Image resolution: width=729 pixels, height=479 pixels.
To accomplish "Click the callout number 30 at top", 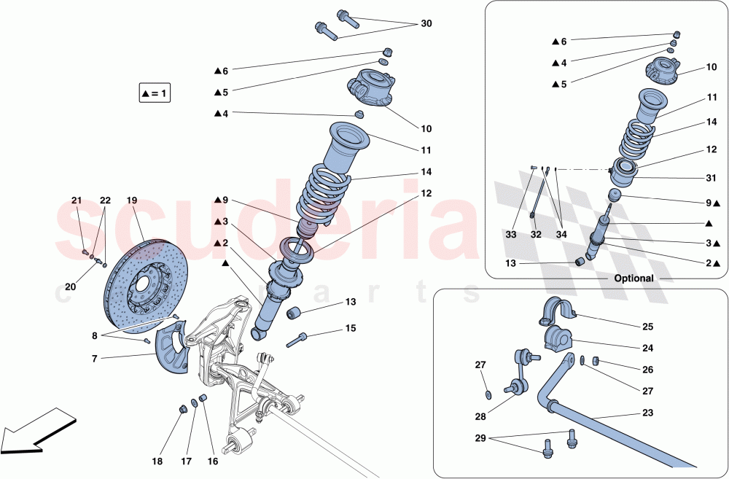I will tap(426, 24).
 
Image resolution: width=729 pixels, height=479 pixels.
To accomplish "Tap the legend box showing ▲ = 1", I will tap(155, 93).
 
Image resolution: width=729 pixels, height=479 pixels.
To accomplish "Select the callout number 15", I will tap(351, 329).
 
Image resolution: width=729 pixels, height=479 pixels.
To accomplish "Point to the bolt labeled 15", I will tap(297, 339).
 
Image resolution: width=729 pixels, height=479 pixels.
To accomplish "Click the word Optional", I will tap(633, 279).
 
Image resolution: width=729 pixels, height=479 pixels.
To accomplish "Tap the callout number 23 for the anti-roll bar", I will tap(647, 413).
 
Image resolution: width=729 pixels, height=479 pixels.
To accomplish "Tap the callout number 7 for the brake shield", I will tap(94, 359).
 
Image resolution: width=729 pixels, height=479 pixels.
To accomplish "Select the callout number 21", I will tap(77, 200).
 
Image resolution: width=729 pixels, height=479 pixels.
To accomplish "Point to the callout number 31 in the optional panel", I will tap(711, 177).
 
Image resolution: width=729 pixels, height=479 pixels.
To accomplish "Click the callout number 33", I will tap(510, 235).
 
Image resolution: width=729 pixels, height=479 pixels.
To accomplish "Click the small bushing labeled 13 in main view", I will tap(296, 314).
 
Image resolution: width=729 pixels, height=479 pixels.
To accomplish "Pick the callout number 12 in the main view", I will tap(426, 194).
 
